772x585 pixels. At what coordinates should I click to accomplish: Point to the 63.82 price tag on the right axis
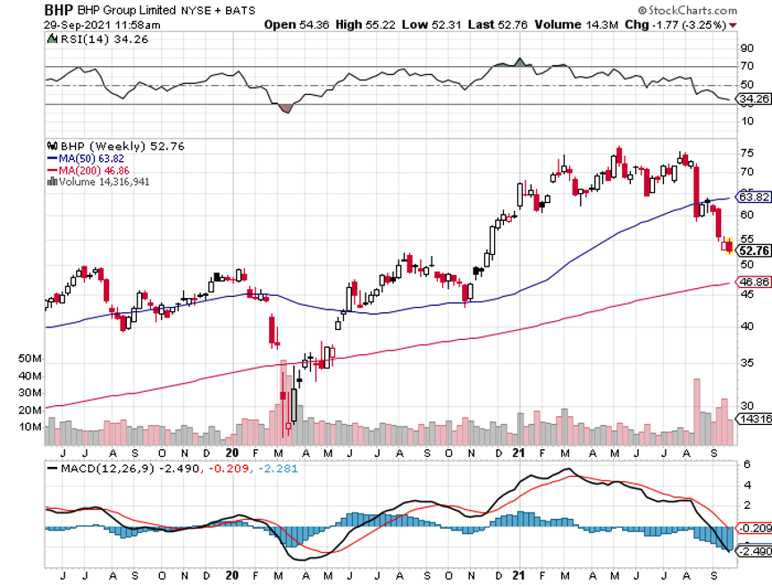(x=752, y=197)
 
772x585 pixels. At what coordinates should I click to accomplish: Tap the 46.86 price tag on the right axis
(x=752, y=282)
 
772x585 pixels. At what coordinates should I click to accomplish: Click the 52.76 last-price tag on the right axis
(x=752, y=250)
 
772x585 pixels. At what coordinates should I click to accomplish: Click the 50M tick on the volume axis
(x=29, y=359)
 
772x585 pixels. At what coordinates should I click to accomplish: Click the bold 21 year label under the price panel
(x=519, y=454)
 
